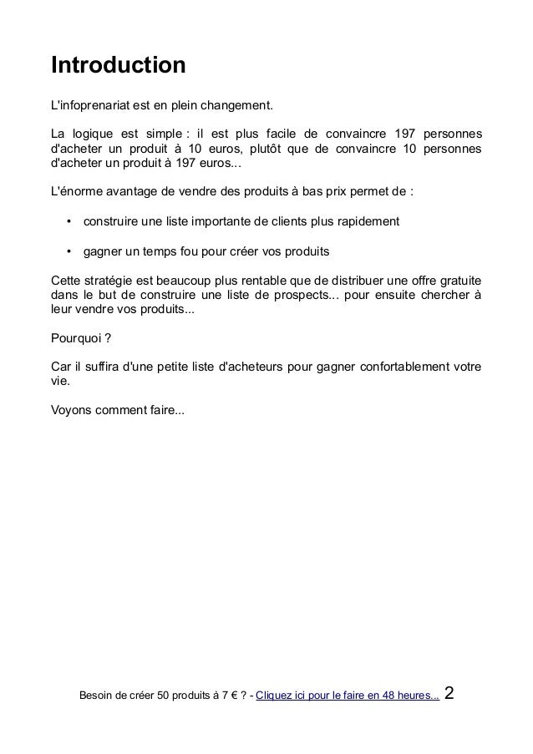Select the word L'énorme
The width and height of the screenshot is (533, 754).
coord(78,190)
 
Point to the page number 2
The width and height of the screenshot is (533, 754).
coord(451,693)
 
